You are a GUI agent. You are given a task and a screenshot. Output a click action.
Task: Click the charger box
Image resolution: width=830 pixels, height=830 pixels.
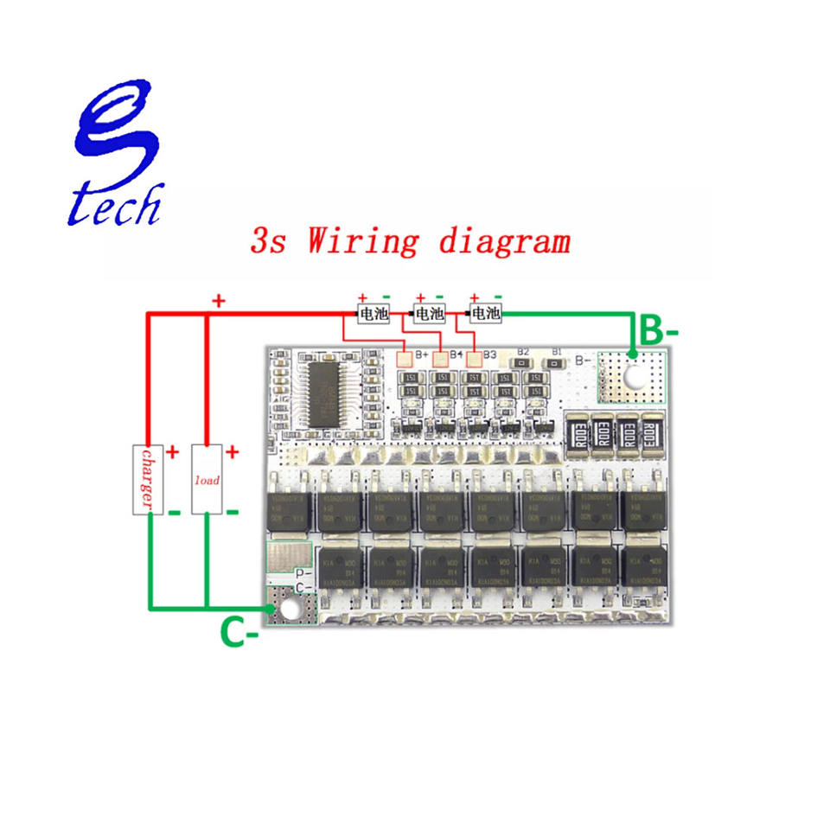point(146,479)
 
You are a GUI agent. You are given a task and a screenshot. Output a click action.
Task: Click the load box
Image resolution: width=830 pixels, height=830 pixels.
point(207,479)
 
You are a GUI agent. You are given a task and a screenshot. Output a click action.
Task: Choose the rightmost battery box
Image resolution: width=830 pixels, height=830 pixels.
point(485,312)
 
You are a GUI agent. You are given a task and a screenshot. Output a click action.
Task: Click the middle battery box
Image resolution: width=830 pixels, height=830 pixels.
point(431,312)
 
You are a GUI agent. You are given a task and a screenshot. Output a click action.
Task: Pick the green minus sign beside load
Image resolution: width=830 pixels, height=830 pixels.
point(232,512)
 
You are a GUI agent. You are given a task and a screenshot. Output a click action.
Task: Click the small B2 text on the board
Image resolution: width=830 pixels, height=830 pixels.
point(523,351)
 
